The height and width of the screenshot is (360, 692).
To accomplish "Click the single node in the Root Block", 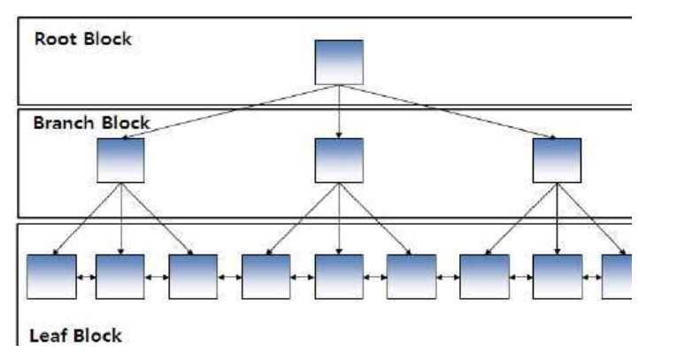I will (x=339, y=62).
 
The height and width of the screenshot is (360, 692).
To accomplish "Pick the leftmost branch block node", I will (x=121, y=161).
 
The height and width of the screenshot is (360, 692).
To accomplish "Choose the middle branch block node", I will (x=339, y=161).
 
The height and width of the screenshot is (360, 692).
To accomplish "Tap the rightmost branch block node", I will (x=557, y=161).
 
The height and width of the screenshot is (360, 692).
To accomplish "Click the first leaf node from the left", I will (x=51, y=276).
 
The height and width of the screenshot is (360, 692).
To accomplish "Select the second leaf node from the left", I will (x=119, y=276).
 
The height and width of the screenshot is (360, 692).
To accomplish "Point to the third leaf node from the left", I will (x=193, y=276).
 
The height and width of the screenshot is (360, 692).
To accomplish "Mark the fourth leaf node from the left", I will (x=265, y=276).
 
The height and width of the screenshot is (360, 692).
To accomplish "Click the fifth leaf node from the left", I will (x=339, y=276).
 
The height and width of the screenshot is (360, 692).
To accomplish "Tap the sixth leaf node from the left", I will (x=411, y=276).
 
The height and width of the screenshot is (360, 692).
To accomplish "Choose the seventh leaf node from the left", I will (x=485, y=276).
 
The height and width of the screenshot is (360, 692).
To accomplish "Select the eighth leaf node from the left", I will (x=557, y=276).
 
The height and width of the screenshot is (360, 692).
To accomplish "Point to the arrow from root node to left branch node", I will (x=230, y=112).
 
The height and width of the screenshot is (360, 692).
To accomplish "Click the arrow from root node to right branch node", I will (x=447, y=112).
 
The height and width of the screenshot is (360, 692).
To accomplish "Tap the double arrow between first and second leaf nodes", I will (x=86, y=277).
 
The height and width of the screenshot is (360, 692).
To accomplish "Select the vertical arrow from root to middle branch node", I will (x=339, y=111).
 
